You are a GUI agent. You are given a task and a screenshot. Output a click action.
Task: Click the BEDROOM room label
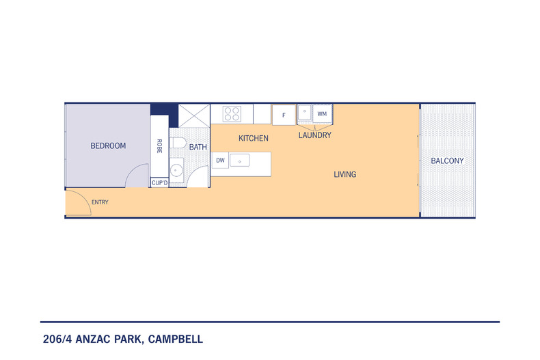[x=108, y=146]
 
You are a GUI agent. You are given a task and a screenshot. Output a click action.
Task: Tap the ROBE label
[x=159, y=146]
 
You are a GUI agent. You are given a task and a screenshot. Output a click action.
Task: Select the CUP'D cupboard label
[x=159, y=183]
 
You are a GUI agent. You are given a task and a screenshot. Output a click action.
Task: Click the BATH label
[x=198, y=147]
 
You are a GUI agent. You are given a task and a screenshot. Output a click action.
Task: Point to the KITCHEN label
[x=253, y=139]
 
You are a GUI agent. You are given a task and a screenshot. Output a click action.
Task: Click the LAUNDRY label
[x=314, y=135]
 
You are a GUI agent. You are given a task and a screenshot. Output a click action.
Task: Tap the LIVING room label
[x=345, y=174]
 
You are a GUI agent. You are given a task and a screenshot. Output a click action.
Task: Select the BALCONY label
[x=447, y=161]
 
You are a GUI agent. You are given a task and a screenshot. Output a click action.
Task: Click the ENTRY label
[x=99, y=202]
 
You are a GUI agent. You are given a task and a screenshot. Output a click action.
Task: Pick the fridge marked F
[x=284, y=114]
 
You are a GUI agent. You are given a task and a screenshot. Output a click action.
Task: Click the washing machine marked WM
[x=322, y=113]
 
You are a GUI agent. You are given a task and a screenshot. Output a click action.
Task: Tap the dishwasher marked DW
[x=220, y=161]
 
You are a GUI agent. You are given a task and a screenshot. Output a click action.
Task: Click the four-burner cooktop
[x=231, y=113]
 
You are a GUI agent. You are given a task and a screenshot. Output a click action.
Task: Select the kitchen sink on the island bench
[x=240, y=161]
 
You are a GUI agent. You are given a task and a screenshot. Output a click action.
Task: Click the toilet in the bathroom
[x=178, y=143]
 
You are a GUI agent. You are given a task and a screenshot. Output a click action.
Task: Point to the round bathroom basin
[x=176, y=169]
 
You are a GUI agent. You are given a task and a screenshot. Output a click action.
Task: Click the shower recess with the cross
[x=194, y=114]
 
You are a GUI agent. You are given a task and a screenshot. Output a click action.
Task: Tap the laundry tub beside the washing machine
[x=305, y=113]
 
